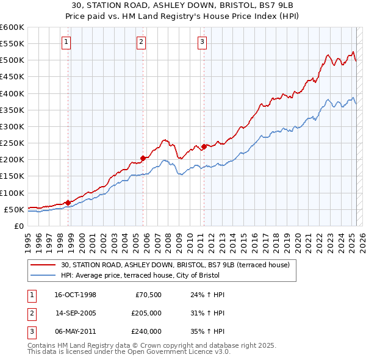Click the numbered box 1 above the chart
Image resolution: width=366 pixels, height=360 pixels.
click(65, 42)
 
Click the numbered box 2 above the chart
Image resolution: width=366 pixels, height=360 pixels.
click(141, 42)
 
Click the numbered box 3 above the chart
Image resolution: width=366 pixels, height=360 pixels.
click(202, 42)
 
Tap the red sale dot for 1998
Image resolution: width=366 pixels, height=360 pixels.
click(68, 202)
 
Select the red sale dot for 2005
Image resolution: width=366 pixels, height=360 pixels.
click(143, 158)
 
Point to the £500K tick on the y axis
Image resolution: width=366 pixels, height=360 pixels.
click(12, 60)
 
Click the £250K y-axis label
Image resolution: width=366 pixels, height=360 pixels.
click(12, 143)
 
